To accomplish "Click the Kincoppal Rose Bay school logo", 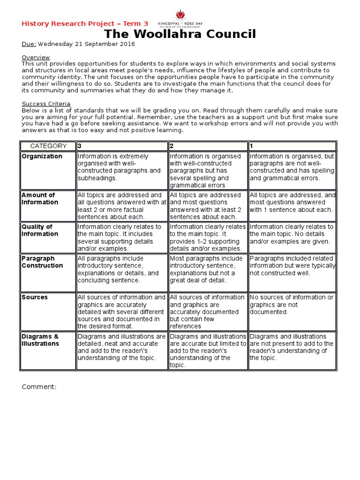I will tap(180, 19).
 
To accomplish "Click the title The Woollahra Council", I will tap(180, 34).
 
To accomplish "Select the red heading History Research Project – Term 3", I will tap(85, 23).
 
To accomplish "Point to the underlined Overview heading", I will tap(35, 57).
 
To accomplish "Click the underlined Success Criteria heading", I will tap(46, 104).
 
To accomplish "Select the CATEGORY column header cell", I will tap(48, 146).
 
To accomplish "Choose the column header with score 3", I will tap(121, 146).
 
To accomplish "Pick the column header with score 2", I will tap(208, 146).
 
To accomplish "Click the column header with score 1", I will tap(292, 146).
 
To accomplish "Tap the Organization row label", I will tap(42, 157).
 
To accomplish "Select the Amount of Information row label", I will tap(40, 199).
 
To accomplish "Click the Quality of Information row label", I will tap(40, 230).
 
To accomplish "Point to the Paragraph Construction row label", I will tap(42, 262).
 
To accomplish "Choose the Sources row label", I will tap(35, 297).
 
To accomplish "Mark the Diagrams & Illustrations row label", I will tap(40, 340).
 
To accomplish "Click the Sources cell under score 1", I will tap(292, 305).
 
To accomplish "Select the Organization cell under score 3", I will tap(121, 167).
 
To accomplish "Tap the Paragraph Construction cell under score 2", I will tap(208, 270).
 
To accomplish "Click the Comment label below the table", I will tap(39, 387).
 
